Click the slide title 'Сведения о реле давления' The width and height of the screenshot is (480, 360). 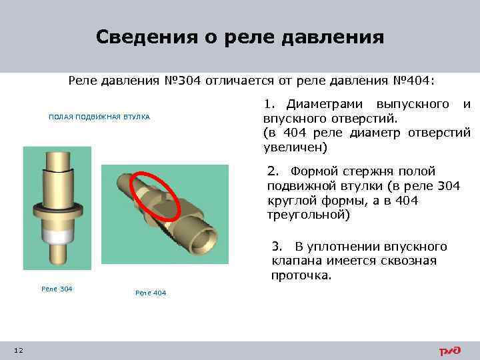click(239, 36)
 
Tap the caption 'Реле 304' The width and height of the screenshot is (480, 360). click(57, 289)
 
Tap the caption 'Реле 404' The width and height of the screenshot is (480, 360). click(151, 293)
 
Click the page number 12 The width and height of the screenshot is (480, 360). click(18, 351)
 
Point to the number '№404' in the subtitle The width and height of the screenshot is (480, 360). click(411, 81)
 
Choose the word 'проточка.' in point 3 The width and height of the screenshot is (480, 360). click(301, 275)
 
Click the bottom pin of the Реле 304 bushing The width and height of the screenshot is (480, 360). click(57, 254)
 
